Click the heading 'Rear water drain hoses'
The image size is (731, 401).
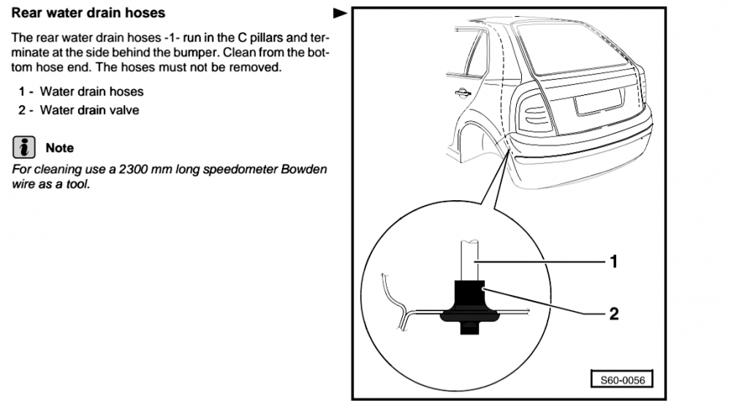coord(88,12)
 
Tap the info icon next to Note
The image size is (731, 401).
coord(24,147)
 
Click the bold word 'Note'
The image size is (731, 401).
coord(60,148)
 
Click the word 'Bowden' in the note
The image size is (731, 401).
coord(303,169)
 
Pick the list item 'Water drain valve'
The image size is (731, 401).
coord(89,110)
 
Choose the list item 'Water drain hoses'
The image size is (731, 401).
coord(92,91)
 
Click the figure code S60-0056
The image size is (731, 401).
coord(622,380)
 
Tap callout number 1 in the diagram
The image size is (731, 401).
coord(614,261)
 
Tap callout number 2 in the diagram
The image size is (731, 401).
coord(614,313)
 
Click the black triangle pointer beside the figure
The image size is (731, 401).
coord(341,13)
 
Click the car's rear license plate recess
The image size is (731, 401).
coord(599,102)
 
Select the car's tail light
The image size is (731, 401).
coord(534,112)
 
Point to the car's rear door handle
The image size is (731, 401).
coord(462,93)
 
